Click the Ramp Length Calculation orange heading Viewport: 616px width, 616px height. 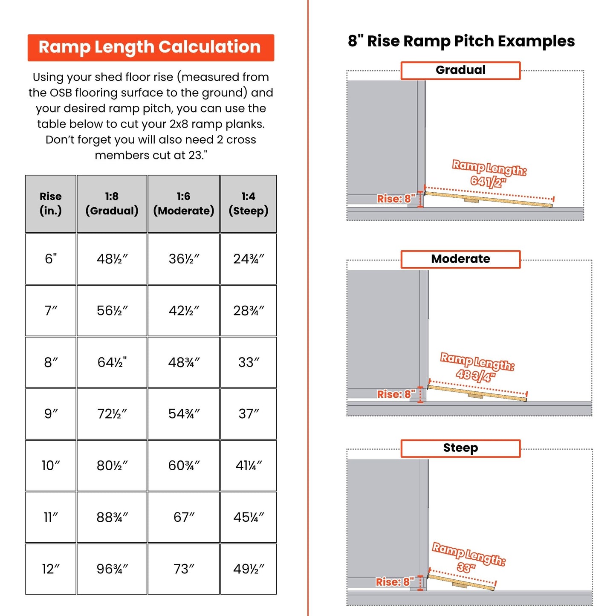(150, 47)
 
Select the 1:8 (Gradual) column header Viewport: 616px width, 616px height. (112, 204)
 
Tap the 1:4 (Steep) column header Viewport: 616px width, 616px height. (248, 204)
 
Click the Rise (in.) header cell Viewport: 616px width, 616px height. (51, 204)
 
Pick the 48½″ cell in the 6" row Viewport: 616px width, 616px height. (112, 259)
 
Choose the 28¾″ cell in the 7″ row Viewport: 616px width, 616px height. (248, 311)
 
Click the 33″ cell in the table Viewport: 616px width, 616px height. (248, 362)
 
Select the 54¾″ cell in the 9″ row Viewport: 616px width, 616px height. (184, 414)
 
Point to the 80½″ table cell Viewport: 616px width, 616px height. (112, 466)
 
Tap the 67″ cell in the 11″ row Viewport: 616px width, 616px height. (184, 517)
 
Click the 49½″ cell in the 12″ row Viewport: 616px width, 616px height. (248, 569)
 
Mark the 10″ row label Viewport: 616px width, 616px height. (51, 466)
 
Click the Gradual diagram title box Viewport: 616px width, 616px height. (460, 70)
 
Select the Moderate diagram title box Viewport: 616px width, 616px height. (460, 259)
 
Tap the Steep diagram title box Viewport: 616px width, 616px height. (460, 448)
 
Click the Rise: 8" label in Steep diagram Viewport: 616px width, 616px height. (395, 582)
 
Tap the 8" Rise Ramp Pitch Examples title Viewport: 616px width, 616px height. (461, 41)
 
